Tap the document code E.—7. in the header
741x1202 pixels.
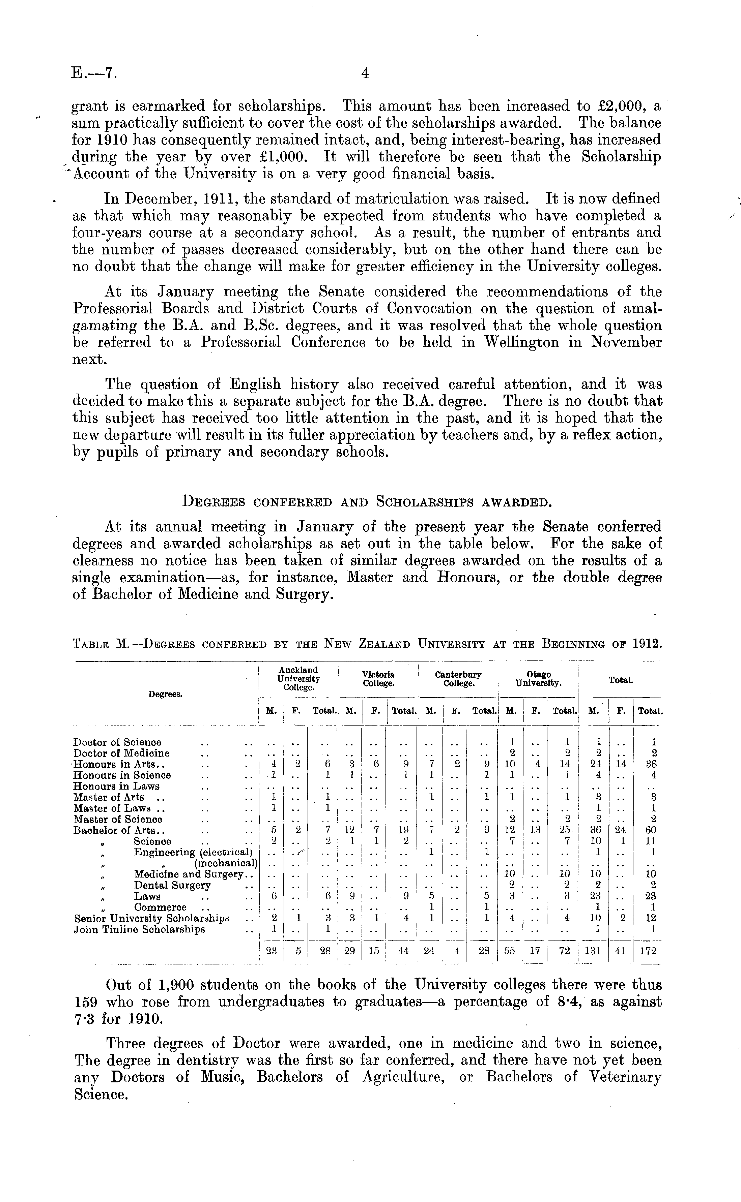click(x=94, y=73)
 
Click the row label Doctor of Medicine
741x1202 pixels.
click(x=121, y=753)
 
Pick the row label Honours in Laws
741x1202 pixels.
click(x=116, y=786)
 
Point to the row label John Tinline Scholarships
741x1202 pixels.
click(x=139, y=929)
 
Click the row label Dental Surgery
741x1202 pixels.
click(x=172, y=885)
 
